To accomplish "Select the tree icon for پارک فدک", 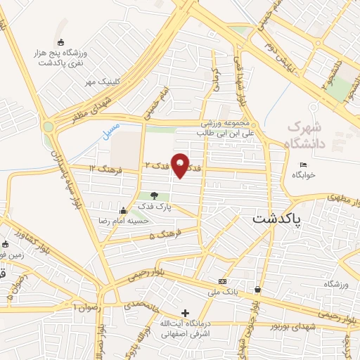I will coord(154,195).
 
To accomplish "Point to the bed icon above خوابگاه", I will coord(303,165).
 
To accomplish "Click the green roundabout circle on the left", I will coord(49,127).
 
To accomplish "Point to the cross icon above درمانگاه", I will coord(185,313).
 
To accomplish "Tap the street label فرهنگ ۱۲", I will coord(106,168).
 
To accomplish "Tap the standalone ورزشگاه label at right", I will coord(337,284).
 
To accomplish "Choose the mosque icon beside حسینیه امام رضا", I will coord(124,210).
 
